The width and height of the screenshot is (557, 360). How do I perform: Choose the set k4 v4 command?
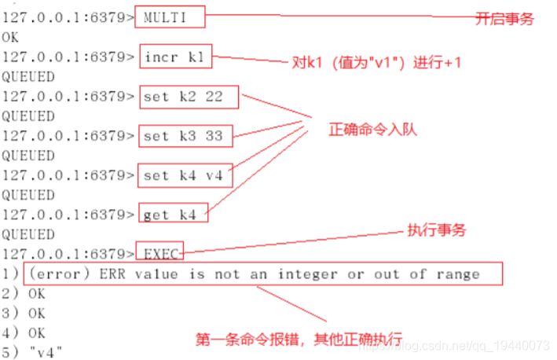[182, 175]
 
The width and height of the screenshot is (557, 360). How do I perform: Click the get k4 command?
[174, 215]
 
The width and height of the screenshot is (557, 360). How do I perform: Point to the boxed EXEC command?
[161, 254]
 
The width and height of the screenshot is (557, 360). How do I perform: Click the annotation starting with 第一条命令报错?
[299, 340]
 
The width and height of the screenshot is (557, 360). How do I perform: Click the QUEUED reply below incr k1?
[28, 76]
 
